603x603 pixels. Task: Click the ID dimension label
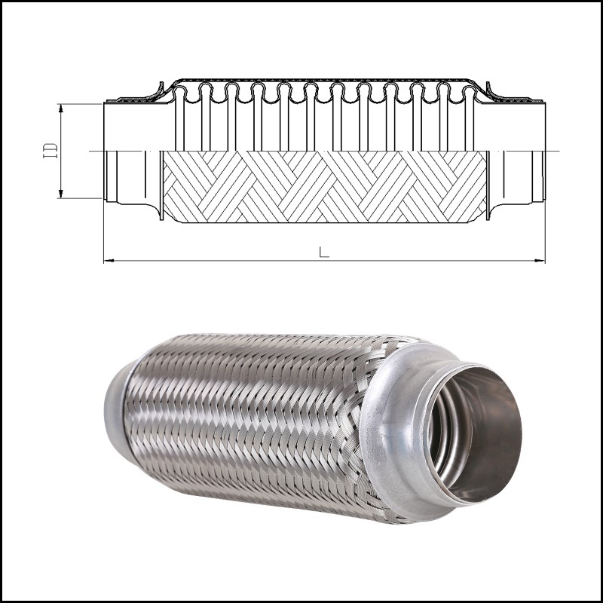[x=51, y=150]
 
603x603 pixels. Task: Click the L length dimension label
[x=324, y=252]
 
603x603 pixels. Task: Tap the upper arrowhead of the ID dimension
[x=61, y=108]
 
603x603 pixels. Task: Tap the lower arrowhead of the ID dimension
[x=61, y=194]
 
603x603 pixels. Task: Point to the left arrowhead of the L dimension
[x=109, y=261]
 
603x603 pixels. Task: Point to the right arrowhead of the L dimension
[x=540, y=261]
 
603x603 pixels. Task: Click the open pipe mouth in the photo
[x=476, y=435]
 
